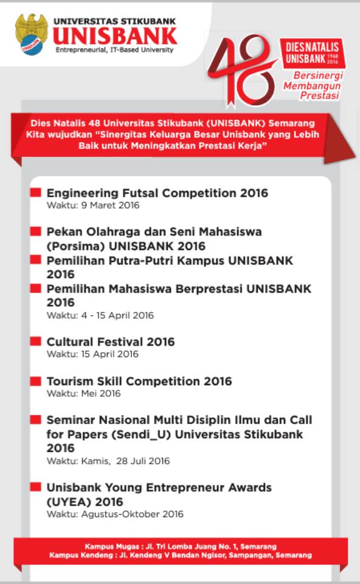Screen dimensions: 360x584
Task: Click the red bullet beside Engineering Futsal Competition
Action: click(36, 193)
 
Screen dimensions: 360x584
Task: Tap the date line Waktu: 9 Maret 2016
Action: click(93, 206)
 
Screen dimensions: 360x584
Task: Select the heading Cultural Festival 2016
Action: click(111, 342)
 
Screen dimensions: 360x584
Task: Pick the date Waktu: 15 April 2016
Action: click(92, 354)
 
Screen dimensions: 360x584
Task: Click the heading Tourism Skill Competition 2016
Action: click(139, 381)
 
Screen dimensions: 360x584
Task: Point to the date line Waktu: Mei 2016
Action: click(84, 394)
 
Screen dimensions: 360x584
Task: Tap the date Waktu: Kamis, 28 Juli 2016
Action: click(108, 461)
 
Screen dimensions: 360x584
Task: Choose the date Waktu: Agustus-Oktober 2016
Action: click(115, 515)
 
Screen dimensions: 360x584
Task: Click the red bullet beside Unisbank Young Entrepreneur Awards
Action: click(36, 487)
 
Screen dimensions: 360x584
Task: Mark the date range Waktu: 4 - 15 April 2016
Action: click(100, 315)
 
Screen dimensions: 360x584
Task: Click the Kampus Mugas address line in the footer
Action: click(181, 546)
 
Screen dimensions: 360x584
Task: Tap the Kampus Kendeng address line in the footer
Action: click(181, 555)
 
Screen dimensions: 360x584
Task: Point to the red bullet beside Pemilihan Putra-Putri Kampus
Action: click(36, 260)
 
